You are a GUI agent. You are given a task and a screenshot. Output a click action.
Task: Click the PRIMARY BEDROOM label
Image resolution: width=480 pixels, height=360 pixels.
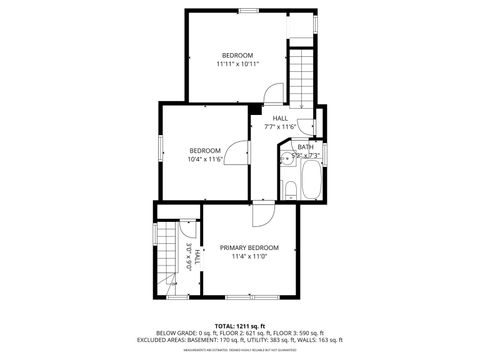coord(249,247)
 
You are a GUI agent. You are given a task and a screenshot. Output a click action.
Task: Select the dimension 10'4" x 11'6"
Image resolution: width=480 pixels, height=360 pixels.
coord(204,160)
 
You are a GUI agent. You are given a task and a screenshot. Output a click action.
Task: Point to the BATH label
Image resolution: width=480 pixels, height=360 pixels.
coord(305,147)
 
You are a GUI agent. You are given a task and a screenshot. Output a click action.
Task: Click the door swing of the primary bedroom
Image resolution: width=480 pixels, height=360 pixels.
coord(262,214)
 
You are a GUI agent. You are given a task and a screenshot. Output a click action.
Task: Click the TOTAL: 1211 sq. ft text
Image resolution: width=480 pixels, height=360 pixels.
coord(239,326)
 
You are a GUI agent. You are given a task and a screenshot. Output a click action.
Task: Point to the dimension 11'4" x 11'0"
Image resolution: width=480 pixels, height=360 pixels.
coord(249,257)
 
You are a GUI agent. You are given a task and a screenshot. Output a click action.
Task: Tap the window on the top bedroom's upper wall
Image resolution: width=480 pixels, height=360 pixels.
coord(248,10)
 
